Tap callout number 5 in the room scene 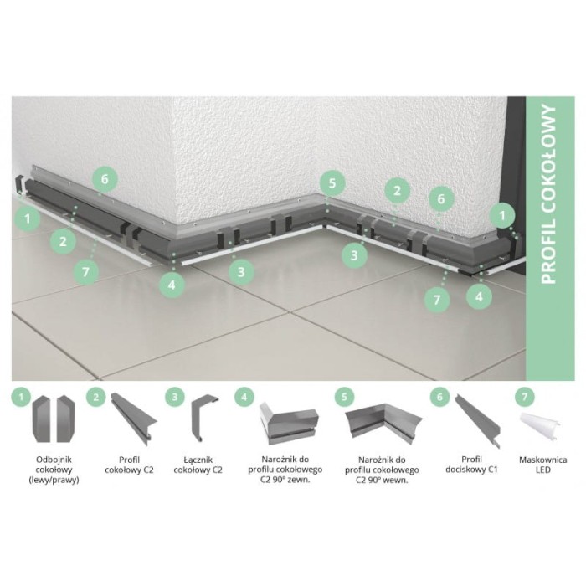click(332, 183)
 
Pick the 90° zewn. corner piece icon click(285, 424)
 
